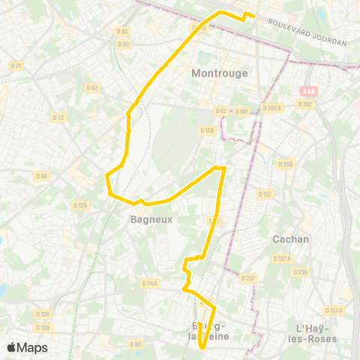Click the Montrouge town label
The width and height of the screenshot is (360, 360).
214,73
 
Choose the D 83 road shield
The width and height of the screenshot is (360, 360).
123,31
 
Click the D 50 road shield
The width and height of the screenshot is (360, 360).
124,44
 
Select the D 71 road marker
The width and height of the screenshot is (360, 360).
16,66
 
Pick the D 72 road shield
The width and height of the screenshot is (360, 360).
58,117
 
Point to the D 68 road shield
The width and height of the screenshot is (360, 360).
42,176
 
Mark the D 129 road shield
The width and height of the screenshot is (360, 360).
80,205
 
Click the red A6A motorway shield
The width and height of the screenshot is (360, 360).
309,91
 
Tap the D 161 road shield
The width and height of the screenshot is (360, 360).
241,112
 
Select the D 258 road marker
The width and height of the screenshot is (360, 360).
285,163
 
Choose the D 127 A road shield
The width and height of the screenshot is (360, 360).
282,259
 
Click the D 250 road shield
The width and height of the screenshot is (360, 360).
301,271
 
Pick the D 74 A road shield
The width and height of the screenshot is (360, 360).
149,283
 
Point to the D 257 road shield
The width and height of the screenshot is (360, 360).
248,277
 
